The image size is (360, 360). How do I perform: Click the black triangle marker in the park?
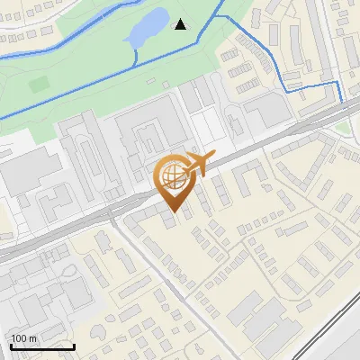[x=181, y=24]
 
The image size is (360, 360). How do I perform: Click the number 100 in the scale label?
[x=20, y=338]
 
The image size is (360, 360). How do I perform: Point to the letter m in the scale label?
[x=32, y=338]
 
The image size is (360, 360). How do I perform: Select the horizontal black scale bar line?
[x=42, y=346]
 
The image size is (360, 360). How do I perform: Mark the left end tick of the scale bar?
[x=11, y=345]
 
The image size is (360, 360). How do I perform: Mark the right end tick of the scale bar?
[x=74, y=345]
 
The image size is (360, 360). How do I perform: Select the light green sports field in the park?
[x=39, y=84]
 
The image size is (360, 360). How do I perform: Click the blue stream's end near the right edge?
[x=343, y=103]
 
